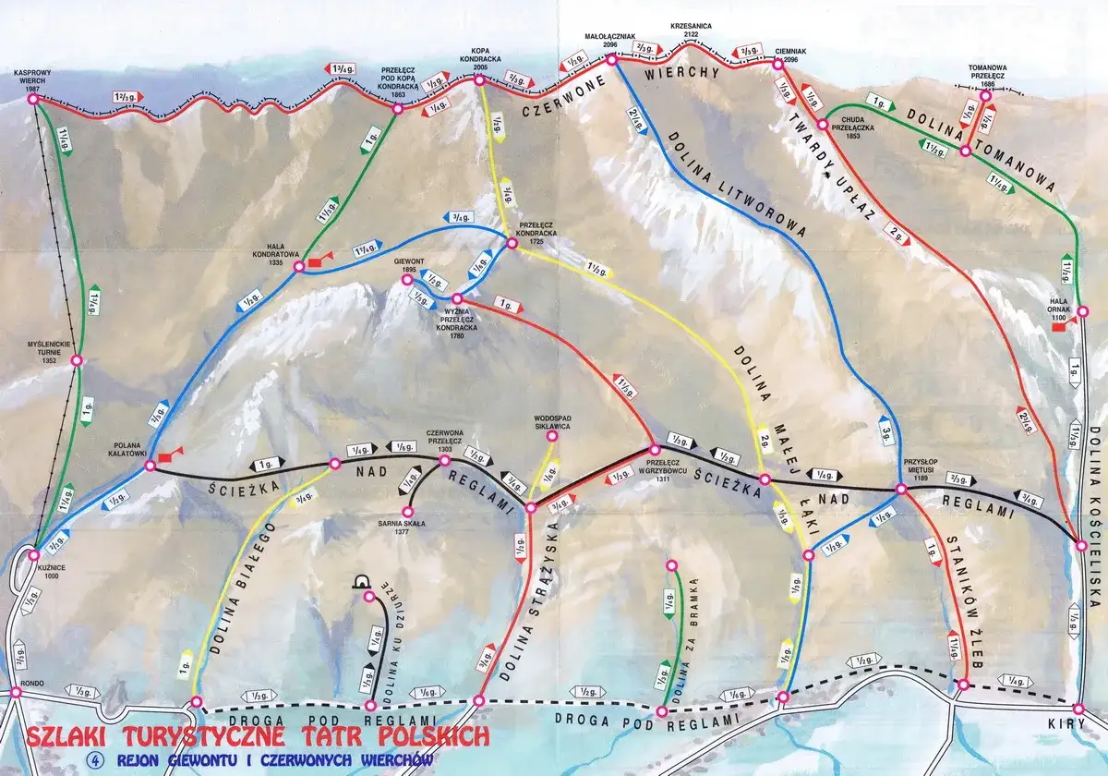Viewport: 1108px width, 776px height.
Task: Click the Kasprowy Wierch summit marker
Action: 32,99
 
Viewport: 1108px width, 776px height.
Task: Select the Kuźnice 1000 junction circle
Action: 34,555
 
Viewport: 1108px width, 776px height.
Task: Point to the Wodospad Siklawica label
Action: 552,422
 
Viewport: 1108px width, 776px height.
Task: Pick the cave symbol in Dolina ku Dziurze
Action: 362,582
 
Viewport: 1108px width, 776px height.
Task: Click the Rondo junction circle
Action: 16,691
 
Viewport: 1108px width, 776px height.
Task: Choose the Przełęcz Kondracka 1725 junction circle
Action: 511,243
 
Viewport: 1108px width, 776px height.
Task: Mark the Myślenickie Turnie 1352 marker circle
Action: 78,360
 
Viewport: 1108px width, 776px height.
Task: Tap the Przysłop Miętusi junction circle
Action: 901,489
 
